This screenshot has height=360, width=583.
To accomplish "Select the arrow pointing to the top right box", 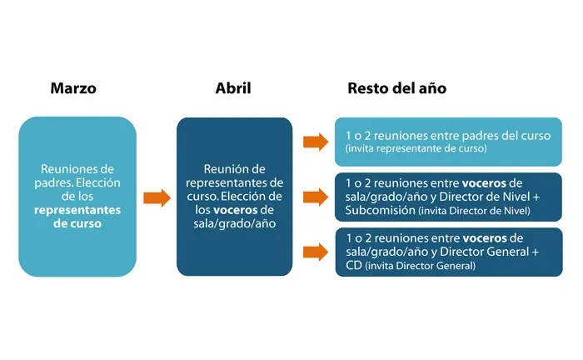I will click(x=316, y=142).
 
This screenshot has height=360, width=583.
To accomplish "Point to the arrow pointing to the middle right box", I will click(x=316, y=197).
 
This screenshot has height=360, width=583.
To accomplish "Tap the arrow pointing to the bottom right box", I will click(x=316, y=249).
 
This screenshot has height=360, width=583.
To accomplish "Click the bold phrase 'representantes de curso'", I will click(x=77, y=218).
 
